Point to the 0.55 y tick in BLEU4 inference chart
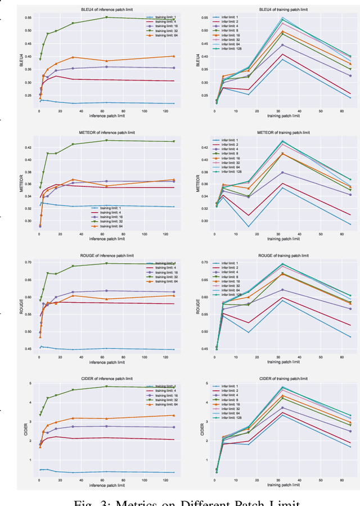pyautogui.click(x=28, y=17)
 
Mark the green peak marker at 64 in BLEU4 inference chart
pyautogui.click(x=106, y=17)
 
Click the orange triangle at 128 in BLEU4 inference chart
pyautogui.click(x=173, y=56)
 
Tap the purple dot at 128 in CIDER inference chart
pyautogui.click(x=173, y=427)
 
